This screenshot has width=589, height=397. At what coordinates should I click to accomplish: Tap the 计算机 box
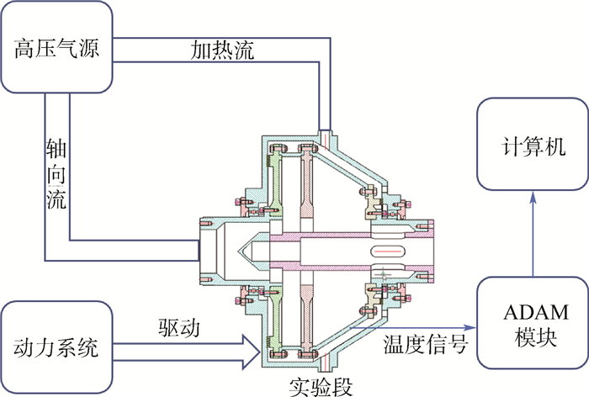pyautogui.click(x=532, y=144)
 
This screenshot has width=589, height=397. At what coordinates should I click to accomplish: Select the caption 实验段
pyautogui.click(x=320, y=385)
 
